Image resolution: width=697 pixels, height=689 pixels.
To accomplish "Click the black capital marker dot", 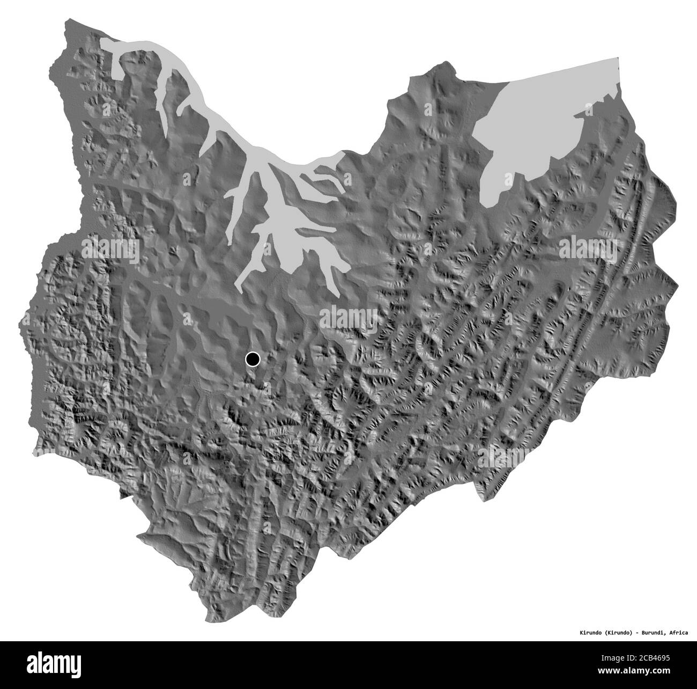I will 253,359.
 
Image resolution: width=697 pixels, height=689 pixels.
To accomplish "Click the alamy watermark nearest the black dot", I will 349,317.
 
